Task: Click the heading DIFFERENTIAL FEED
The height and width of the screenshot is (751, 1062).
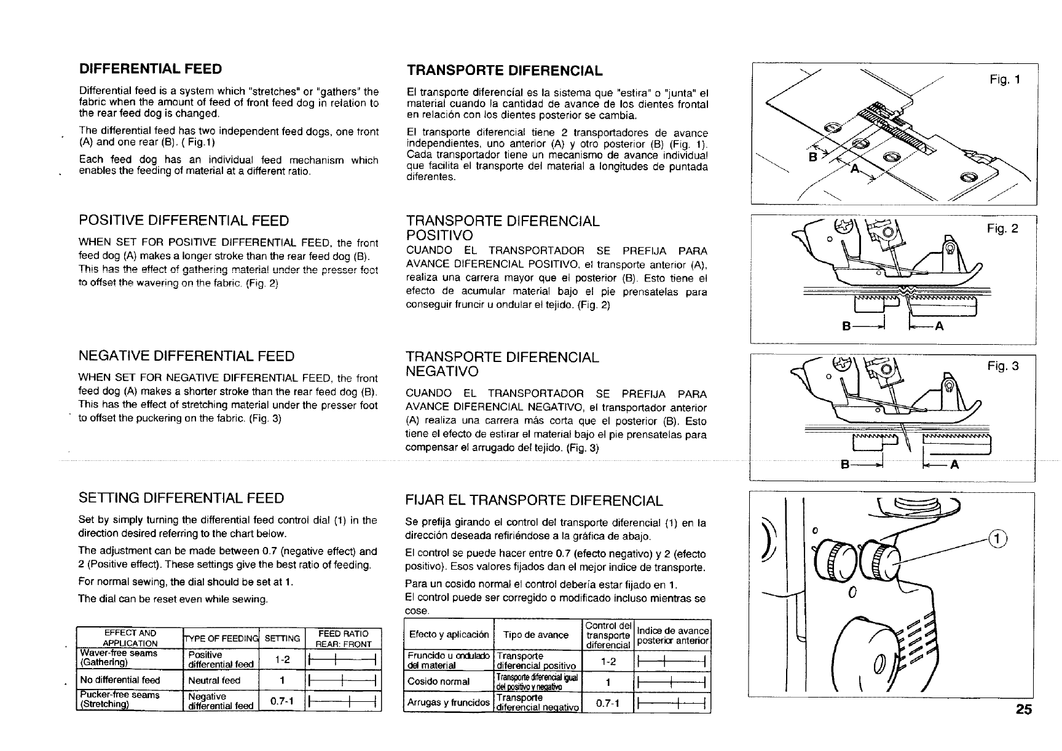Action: tap(151, 68)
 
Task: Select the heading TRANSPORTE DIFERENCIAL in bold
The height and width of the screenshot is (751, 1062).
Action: tap(505, 70)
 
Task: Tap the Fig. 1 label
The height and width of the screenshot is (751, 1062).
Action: tap(1005, 79)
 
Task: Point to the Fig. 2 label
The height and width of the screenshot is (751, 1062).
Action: tap(1002, 229)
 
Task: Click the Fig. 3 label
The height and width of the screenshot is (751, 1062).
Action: tap(1002, 366)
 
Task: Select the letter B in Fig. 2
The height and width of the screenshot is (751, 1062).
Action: tap(846, 327)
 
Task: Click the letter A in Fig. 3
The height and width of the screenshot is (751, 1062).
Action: tap(954, 465)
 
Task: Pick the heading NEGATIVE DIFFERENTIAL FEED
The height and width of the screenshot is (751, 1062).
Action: tap(186, 356)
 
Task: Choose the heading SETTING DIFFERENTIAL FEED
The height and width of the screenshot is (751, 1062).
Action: tap(181, 498)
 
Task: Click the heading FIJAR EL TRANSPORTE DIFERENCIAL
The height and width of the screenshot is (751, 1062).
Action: tap(534, 500)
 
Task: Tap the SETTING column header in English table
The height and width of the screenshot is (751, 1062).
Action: tap(282, 639)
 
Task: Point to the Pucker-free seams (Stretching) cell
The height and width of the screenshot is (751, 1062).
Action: tap(120, 700)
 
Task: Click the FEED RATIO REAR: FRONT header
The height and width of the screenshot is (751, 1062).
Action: tap(343, 639)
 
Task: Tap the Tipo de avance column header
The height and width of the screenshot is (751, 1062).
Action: tap(535, 635)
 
